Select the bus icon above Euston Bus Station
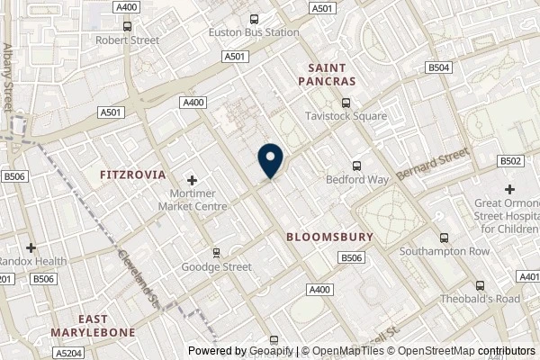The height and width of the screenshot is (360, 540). tap(255, 18)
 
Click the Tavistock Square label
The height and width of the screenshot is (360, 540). tap(346, 116)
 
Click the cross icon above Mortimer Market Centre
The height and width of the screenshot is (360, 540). tap(192, 181)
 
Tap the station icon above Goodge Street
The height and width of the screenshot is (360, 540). tap(216, 252)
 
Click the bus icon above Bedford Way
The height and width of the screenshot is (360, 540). tap(357, 165)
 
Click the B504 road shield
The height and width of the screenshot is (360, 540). tap(439, 67)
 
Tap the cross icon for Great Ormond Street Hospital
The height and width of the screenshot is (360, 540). tap(509, 189)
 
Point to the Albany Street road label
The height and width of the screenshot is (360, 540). tap(8, 77)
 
